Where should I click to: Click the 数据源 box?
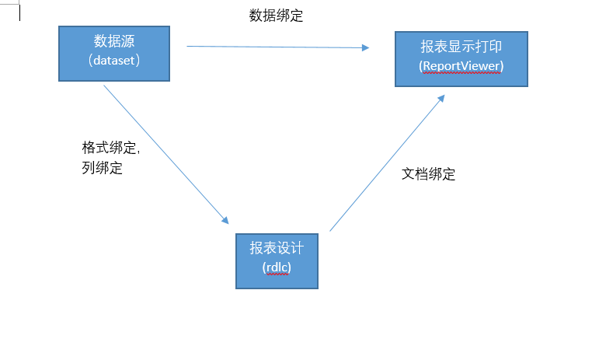click(x=114, y=53)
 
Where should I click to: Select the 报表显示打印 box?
click(x=461, y=58)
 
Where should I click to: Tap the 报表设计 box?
click(x=277, y=260)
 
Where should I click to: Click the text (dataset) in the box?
click(x=114, y=60)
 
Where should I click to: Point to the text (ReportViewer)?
click(x=461, y=66)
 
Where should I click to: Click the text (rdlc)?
click(x=277, y=267)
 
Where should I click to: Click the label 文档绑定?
click(x=428, y=174)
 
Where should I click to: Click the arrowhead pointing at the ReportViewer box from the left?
click(x=365, y=47)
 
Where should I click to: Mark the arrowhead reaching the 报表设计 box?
click(x=225, y=221)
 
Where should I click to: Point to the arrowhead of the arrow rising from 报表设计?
click(x=441, y=99)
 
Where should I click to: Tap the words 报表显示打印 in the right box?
click(x=461, y=48)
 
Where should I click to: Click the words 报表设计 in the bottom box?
click(x=277, y=248)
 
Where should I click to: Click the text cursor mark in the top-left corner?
click(x=19, y=12)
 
